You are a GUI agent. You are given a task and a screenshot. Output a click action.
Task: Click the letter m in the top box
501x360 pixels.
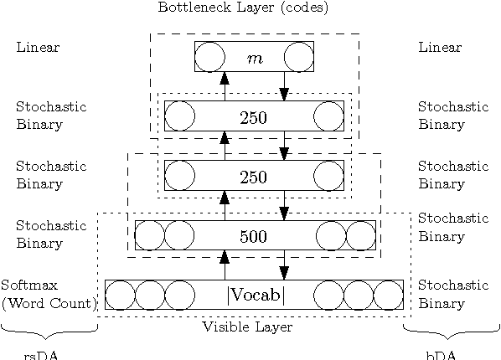[255, 58]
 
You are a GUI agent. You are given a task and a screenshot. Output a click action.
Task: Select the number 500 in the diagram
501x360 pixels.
[253, 236]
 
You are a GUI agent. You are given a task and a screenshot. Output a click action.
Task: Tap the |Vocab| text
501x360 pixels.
[256, 296]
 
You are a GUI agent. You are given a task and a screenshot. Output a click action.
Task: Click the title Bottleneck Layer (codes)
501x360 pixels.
[243, 8]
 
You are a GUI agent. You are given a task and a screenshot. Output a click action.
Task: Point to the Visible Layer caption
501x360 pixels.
[247, 327]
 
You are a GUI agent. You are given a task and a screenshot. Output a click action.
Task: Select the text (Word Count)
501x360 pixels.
[48, 302]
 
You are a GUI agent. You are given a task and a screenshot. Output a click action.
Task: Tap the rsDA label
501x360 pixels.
[41, 354]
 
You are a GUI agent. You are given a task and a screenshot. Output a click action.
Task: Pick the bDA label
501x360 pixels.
[442, 354]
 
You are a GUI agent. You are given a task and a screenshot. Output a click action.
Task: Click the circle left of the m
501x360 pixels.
[209, 57]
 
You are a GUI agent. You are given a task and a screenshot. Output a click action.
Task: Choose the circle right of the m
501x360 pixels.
[298, 57]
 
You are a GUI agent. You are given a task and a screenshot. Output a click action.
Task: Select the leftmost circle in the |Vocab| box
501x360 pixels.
[121, 296]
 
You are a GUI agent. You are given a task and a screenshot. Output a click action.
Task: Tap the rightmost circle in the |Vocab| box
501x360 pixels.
[388, 296]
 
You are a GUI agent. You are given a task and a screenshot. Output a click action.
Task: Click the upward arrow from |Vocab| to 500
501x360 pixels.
[225, 265]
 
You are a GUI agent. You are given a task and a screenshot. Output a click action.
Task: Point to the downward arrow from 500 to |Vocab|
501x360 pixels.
[284, 265]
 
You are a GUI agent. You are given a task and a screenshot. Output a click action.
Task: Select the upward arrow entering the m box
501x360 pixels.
[225, 85]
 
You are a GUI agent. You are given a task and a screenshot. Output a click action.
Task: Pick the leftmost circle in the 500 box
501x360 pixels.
[150, 235]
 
